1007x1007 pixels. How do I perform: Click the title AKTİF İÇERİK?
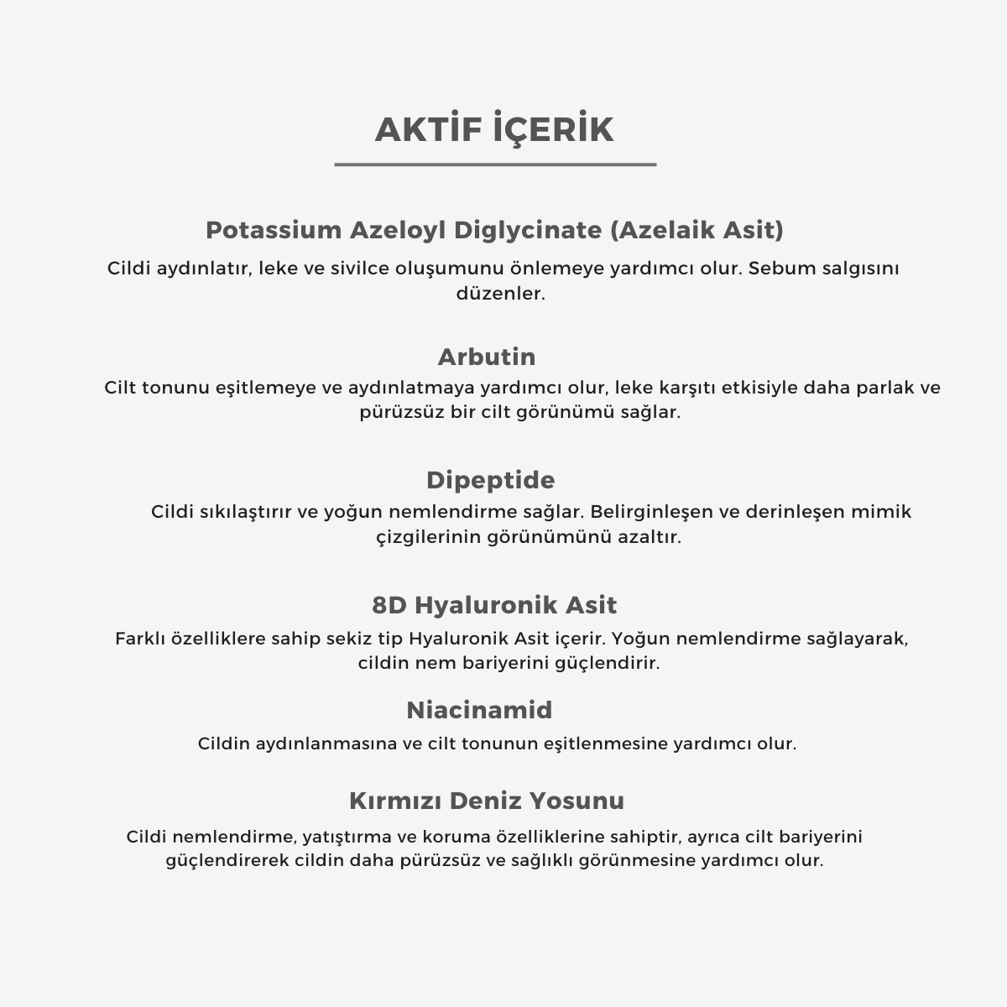[494, 130]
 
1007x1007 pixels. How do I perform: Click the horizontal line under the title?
[495, 164]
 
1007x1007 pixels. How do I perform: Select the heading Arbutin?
[487, 357]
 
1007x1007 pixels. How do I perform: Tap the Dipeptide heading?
[490, 480]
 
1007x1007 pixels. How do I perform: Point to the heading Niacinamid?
[479, 710]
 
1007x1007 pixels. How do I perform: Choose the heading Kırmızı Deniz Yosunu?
[487, 801]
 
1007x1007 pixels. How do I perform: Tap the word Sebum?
[774, 269]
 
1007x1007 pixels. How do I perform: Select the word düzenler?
[501, 294]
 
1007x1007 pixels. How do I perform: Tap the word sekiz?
[378, 639]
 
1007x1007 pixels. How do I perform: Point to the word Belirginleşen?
[651, 512]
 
